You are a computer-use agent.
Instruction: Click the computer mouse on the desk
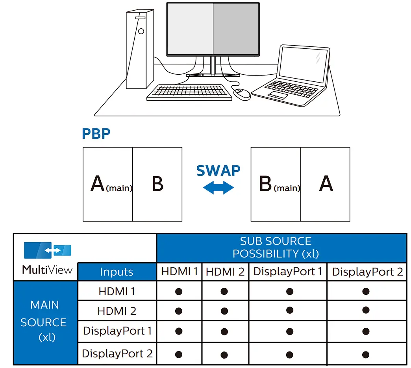pyautogui.click(x=242, y=94)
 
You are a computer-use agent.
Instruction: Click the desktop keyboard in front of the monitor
pyautogui.click(x=189, y=92)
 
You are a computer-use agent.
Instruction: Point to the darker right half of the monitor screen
pyautogui.click(x=236, y=29)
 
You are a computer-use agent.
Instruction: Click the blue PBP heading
pyautogui.click(x=96, y=134)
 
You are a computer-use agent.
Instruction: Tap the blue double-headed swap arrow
pyautogui.click(x=218, y=188)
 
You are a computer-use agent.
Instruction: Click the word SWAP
pyautogui.click(x=218, y=171)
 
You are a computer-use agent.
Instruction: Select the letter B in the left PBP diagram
pyautogui.click(x=157, y=184)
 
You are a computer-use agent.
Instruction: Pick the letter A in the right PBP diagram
pyautogui.click(x=326, y=184)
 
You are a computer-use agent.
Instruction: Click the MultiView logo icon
pyautogui.click(x=48, y=250)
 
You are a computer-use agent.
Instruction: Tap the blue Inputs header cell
pyautogui.click(x=117, y=272)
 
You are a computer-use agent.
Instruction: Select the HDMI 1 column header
pyautogui.click(x=179, y=272)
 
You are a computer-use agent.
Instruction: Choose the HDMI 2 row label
pyautogui.click(x=117, y=311)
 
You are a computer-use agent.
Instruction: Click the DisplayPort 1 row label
pyautogui.click(x=117, y=331)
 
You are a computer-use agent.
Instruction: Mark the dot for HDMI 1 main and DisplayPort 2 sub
pyautogui.click(x=366, y=291)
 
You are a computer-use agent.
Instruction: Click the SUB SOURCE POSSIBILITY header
pyautogui.click(x=281, y=247)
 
